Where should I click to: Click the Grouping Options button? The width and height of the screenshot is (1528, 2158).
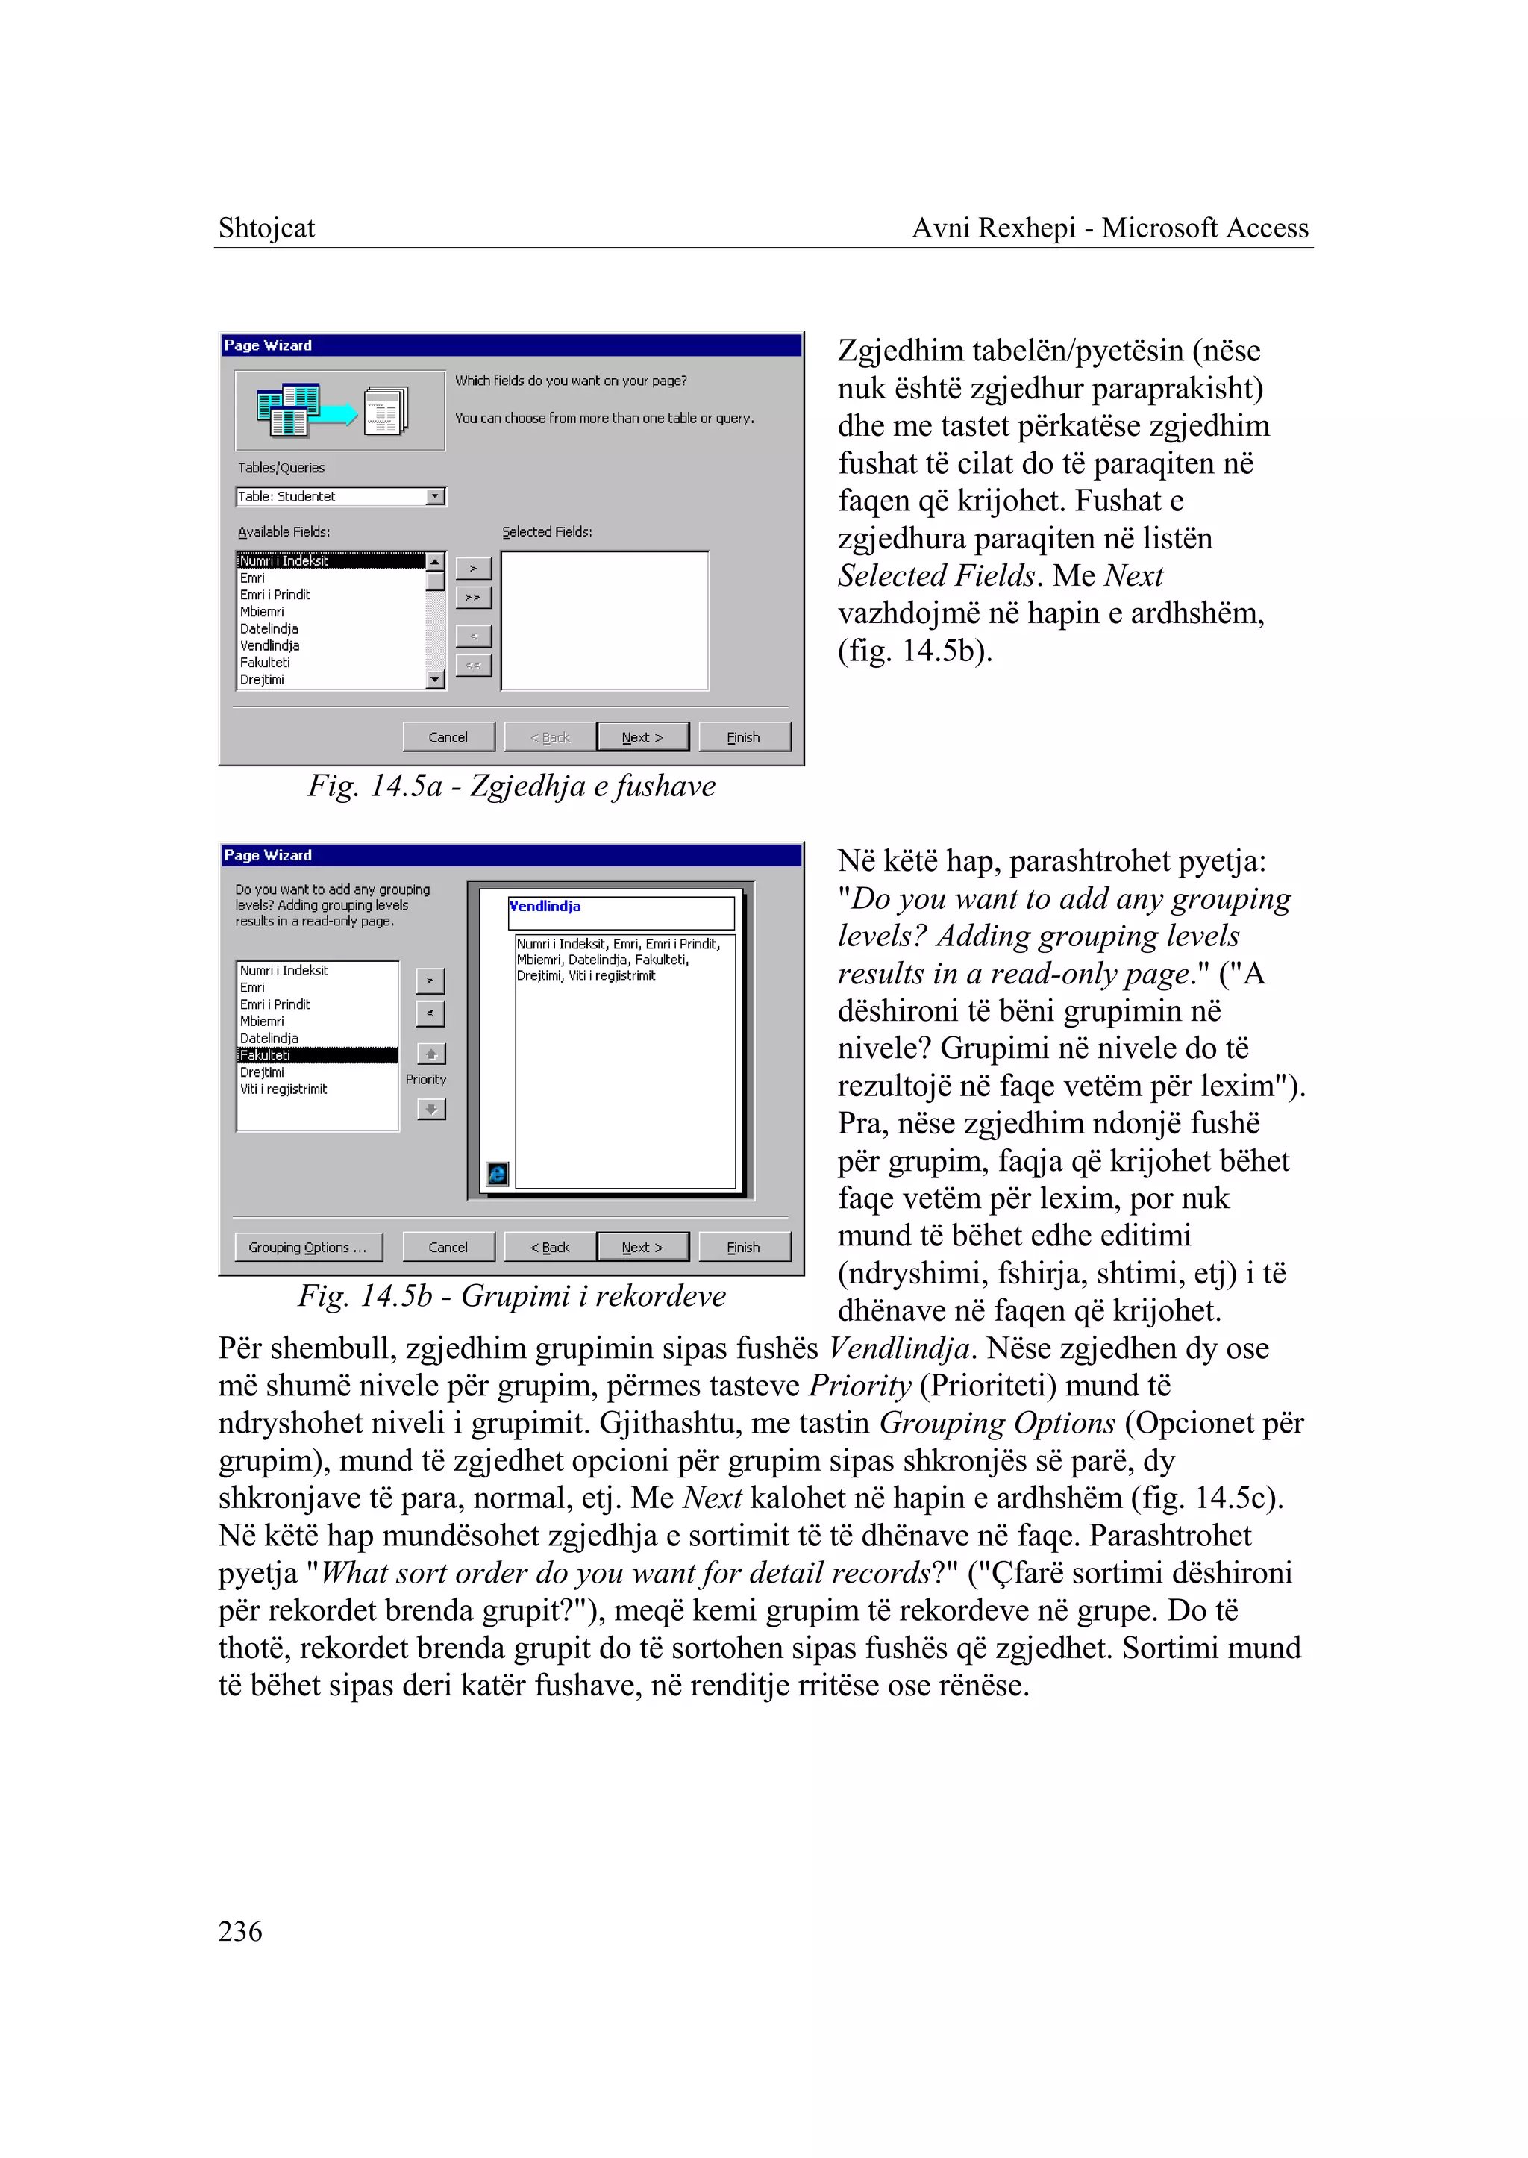307,1247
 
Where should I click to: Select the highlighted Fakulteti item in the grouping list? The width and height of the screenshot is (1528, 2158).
317,1055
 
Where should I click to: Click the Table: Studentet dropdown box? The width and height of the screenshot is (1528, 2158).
339,496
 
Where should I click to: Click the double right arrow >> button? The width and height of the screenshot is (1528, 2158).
473,598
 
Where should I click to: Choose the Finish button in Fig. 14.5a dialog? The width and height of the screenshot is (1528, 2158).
743,737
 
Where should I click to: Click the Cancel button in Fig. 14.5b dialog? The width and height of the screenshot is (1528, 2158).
448,1247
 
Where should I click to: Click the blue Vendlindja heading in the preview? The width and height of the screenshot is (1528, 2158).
545,907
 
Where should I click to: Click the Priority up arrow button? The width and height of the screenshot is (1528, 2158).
431,1053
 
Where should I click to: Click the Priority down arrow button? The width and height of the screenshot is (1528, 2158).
431,1110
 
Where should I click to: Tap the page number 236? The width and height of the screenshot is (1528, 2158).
240,1930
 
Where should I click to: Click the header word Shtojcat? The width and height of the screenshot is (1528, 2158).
266,228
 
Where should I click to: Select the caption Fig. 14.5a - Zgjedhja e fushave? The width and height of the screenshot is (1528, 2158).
511,786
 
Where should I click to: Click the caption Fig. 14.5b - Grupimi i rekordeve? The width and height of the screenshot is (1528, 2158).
511,1296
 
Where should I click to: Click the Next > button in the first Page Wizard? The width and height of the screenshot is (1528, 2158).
642,737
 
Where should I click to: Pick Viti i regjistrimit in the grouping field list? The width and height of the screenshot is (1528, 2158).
284,1089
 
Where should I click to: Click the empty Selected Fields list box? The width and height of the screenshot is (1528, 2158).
604,621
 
